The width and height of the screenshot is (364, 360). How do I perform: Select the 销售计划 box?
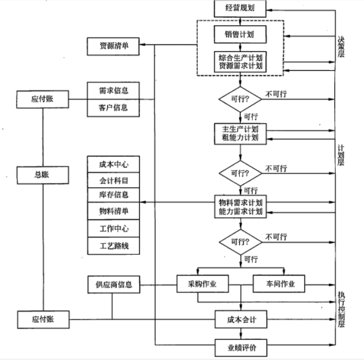240,34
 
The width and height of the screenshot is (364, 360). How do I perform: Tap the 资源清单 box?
113,46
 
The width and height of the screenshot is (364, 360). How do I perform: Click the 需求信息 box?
113,91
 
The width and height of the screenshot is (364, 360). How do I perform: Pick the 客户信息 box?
113,107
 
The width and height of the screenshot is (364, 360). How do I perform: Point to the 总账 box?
43,175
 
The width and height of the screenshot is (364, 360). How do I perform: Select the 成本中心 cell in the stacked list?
113,164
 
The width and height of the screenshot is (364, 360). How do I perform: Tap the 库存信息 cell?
113,195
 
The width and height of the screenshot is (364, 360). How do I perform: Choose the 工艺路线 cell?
113,245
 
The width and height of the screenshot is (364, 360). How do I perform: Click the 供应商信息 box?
113,284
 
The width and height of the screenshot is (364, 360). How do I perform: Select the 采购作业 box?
203,284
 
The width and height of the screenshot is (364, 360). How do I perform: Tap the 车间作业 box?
279,284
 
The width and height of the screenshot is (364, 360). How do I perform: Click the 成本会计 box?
240,320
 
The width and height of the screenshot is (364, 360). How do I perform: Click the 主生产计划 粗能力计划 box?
240,133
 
